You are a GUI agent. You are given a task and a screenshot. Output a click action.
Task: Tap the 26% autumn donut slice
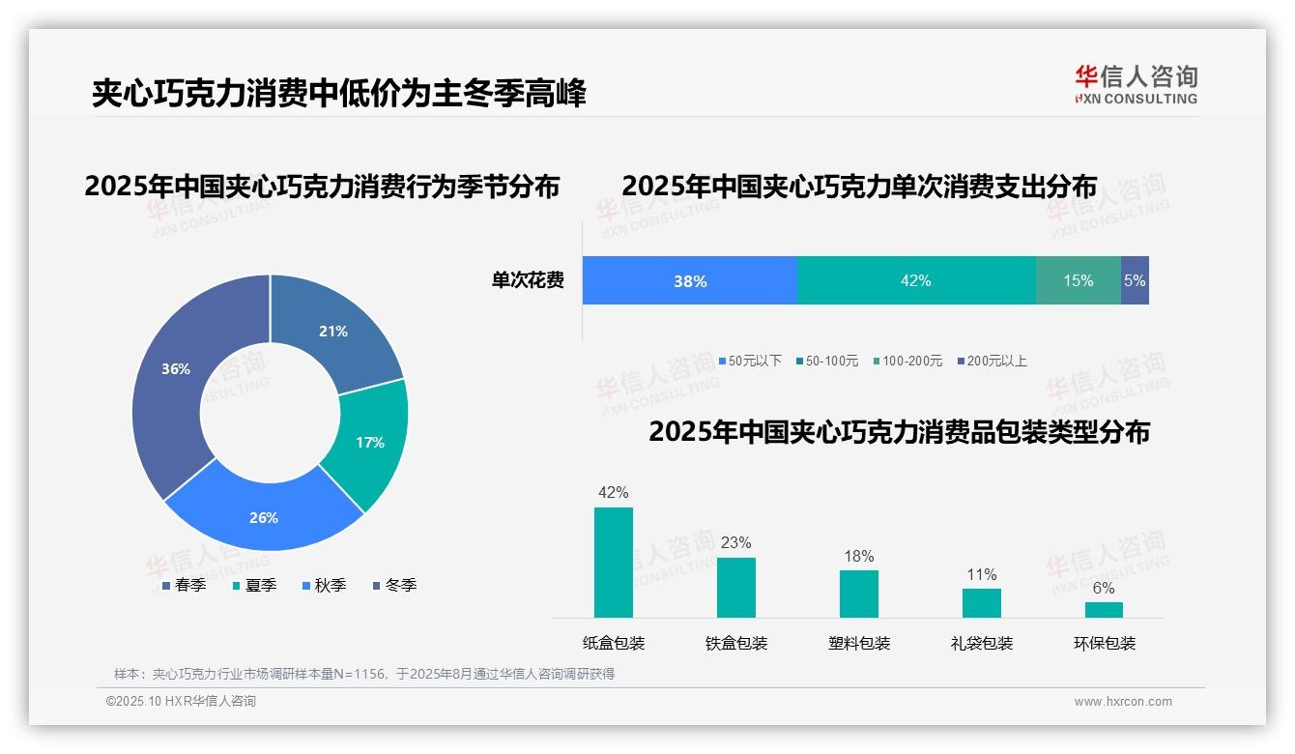click(263, 516)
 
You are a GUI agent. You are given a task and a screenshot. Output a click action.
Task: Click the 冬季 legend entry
click(394, 585)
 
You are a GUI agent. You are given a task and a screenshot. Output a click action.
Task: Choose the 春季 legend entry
click(184, 585)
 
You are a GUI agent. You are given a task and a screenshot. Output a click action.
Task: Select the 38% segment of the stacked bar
click(690, 281)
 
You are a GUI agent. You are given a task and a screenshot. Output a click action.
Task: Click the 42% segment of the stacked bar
click(915, 281)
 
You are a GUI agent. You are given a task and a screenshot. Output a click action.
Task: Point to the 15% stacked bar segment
click(1079, 281)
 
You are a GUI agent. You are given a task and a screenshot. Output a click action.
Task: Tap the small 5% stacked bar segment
click(1136, 281)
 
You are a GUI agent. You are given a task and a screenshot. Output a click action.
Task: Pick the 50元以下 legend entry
click(750, 361)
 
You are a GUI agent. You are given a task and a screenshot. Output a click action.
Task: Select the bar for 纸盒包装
click(614, 563)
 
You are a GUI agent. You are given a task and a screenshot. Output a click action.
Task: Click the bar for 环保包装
click(1104, 610)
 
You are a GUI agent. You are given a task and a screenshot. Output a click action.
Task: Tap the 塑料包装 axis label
click(859, 643)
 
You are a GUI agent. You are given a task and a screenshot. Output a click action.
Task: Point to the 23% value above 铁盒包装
click(735, 542)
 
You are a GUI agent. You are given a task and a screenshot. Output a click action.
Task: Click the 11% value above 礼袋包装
click(982, 574)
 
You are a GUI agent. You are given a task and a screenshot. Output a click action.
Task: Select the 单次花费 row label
click(528, 281)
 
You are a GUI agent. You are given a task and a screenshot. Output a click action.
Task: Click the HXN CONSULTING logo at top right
click(1136, 84)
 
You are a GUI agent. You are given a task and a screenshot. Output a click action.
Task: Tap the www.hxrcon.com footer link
click(1123, 702)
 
